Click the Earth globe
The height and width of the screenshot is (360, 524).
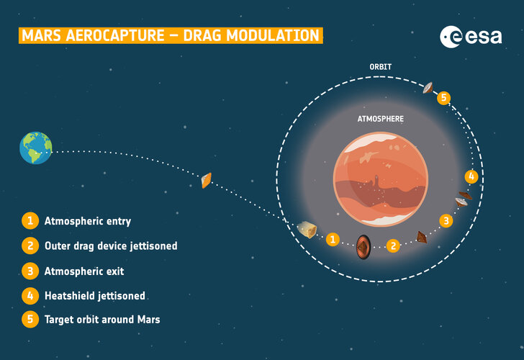point(36,148)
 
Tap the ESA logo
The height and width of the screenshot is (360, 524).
point(471,36)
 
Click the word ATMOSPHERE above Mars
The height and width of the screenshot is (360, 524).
point(381,119)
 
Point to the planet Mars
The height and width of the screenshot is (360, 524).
point(380,179)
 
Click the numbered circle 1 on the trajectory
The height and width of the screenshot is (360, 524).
point(333,239)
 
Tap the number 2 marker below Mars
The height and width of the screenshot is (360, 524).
point(393,246)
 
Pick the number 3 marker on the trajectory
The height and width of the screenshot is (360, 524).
point(446,220)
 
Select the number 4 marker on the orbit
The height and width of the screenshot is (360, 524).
point(471,176)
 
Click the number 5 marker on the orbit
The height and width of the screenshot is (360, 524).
point(444,97)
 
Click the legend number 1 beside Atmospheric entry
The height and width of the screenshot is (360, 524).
point(30,221)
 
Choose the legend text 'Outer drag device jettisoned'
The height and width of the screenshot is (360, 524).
point(111,246)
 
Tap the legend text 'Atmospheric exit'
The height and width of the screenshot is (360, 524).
point(84,271)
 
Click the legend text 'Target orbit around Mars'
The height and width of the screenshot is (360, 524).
point(102,320)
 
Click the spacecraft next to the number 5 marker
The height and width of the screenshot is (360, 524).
point(429,89)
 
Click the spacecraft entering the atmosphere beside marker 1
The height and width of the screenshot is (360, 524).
point(308,230)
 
